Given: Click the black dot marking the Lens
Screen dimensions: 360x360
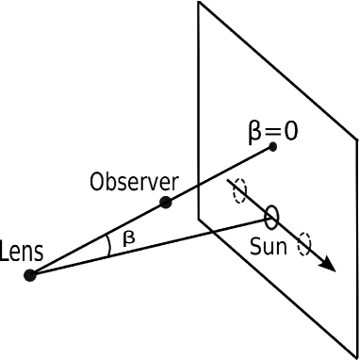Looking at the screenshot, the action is [30, 275].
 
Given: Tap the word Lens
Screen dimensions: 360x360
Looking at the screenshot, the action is [19, 252].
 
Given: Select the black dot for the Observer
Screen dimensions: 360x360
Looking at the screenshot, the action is [166, 202].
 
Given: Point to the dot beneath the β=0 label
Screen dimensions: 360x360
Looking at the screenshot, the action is [272, 146].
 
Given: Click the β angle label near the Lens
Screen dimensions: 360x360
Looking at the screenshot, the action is [128, 238].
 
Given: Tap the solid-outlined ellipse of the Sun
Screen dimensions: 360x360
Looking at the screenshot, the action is [271, 218].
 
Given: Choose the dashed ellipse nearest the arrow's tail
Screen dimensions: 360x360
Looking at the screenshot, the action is [239, 192].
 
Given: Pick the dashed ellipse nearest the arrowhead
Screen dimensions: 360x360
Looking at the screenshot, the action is [303, 244].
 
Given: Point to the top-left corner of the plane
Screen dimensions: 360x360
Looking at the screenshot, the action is [198, 2].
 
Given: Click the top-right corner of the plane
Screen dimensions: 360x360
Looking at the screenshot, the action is [357, 139].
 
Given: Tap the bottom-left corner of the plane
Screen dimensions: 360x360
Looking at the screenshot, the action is [198, 219].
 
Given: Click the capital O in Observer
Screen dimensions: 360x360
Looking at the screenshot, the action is [97, 180].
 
